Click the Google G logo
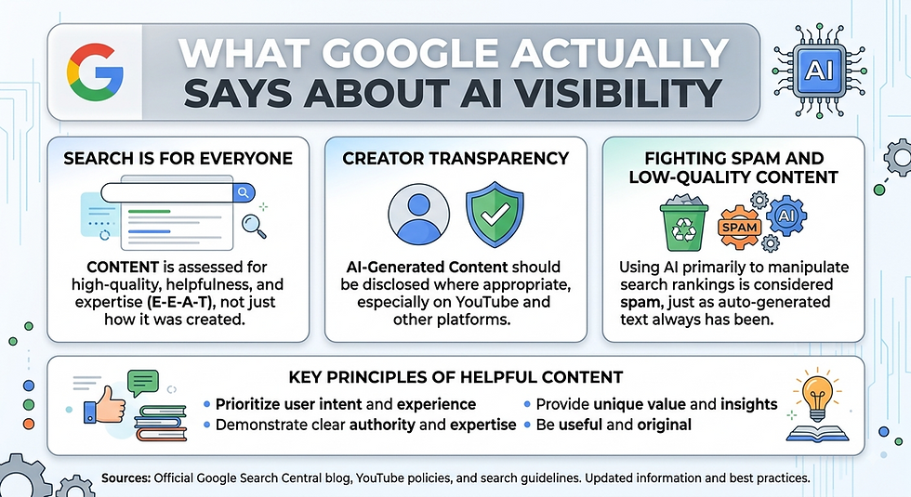click(x=95, y=72)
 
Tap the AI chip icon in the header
click(x=819, y=71)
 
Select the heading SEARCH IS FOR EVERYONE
click(x=178, y=159)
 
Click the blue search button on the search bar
click(x=244, y=192)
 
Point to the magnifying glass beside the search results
click(x=254, y=227)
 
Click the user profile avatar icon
click(x=418, y=215)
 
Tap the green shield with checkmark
click(x=495, y=214)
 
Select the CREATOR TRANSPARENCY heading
click(x=455, y=159)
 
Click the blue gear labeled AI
click(x=786, y=216)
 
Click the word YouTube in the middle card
click(x=486, y=302)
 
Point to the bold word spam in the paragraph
click(x=641, y=303)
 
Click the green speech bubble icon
click(x=143, y=383)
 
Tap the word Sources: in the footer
click(x=126, y=478)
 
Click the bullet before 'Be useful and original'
click(x=527, y=425)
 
